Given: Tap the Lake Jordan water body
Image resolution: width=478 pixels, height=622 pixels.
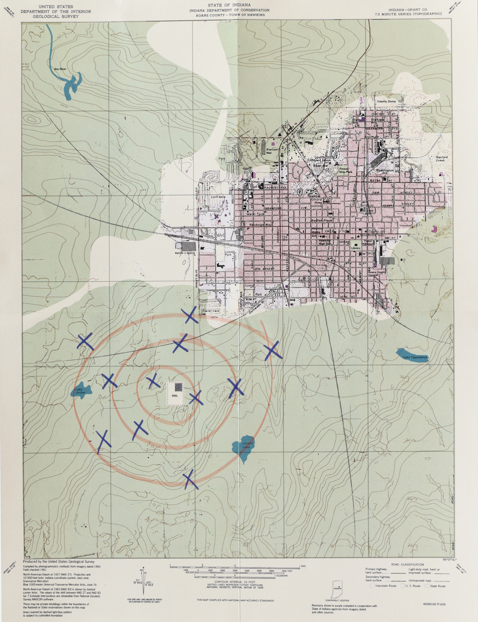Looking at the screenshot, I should point(80,390).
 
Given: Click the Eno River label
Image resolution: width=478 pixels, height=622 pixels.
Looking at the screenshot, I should point(61,69).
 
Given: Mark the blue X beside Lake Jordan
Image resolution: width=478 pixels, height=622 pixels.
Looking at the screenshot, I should point(109,381).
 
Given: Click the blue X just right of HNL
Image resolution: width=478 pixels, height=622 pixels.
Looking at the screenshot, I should point(195,397).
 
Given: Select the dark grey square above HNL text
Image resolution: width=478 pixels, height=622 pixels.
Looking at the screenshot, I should point(178,387).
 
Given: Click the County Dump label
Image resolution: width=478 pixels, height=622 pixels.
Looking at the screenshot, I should point(386,101).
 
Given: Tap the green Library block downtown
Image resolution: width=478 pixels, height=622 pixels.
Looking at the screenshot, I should point(355,246).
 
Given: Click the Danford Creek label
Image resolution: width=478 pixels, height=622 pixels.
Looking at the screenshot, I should point(441,159).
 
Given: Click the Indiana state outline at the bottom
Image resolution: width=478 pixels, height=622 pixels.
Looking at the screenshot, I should point(337,592).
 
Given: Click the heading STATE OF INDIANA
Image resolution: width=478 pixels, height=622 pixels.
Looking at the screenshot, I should point(235,5).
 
